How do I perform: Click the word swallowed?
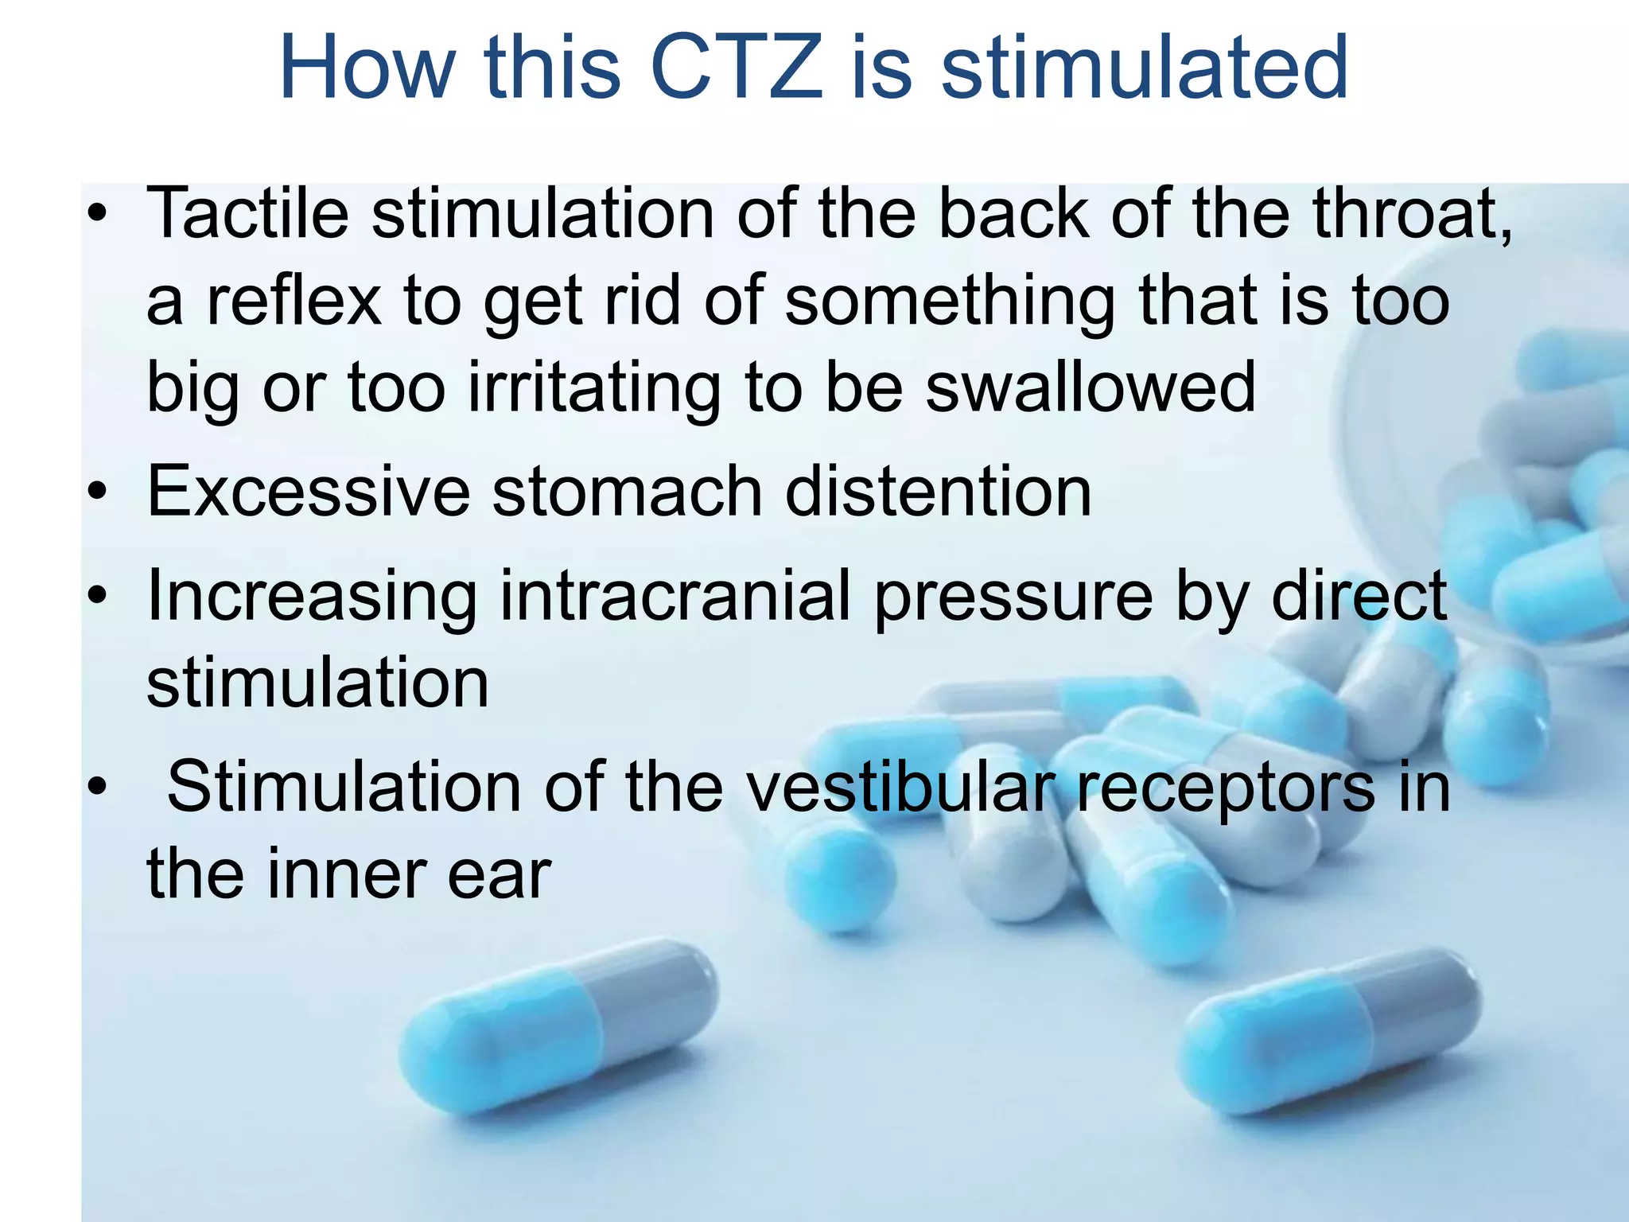click(x=1091, y=388)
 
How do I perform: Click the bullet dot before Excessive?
click(x=97, y=492)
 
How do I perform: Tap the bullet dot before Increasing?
click(x=97, y=596)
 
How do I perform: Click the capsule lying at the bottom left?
click(x=557, y=1026)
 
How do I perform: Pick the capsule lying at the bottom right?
click(x=1328, y=1030)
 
